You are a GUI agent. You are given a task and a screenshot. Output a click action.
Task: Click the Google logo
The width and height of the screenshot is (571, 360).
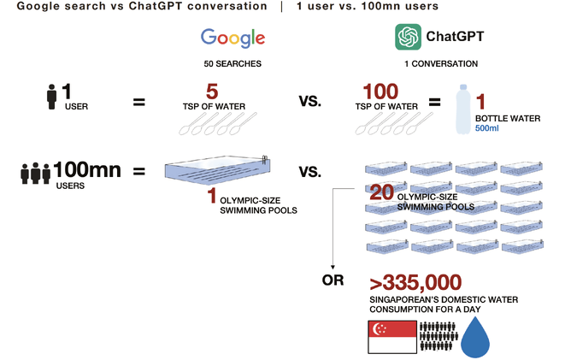pyautogui.click(x=233, y=38)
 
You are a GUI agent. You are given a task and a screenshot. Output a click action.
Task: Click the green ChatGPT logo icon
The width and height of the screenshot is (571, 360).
pyautogui.click(x=408, y=37)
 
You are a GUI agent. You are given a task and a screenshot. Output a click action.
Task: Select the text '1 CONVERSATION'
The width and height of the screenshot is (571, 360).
pyautogui.click(x=439, y=64)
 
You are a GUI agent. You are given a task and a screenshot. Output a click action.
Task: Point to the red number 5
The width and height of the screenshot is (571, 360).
pyautogui.click(x=214, y=91)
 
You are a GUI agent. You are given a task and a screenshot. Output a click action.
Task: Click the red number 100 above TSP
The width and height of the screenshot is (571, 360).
pyautogui.click(x=380, y=91)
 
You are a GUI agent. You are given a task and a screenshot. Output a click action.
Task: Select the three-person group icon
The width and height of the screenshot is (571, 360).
pyautogui.click(x=34, y=173)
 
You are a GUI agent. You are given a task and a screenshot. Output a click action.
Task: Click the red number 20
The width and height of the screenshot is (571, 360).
pyautogui.click(x=381, y=193)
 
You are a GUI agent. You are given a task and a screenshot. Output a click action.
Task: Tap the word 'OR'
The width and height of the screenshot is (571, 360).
pyautogui.click(x=333, y=280)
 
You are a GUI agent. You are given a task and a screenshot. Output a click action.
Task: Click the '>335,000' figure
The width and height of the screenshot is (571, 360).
pyautogui.click(x=415, y=282)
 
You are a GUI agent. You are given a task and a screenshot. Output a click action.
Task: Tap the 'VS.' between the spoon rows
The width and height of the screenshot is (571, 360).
pyautogui.click(x=309, y=102)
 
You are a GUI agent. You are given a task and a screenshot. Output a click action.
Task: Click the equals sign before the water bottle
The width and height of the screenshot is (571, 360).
pyautogui.click(x=434, y=103)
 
